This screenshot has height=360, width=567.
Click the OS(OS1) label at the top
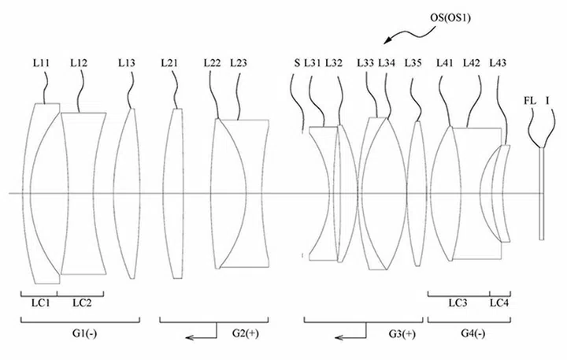pos(450,17)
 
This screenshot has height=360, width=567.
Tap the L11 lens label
pos(41,63)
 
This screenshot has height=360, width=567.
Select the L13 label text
pos(127,63)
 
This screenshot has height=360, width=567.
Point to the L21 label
pos(169,63)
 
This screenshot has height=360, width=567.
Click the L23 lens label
pos(239,63)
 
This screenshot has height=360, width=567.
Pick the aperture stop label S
pos(297,63)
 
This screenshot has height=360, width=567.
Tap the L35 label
pos(413,63)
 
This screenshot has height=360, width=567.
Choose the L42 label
pos(472,63)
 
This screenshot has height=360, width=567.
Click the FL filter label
pos(530,101)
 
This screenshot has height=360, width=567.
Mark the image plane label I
pos(547,101)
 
